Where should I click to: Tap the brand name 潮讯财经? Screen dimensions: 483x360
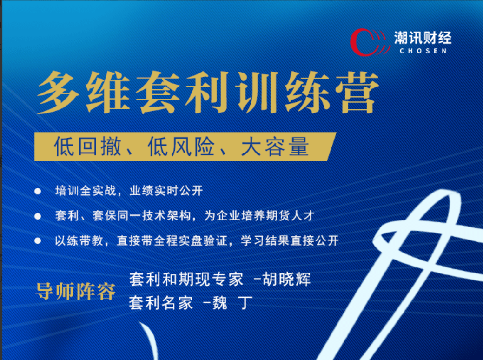[423, 38]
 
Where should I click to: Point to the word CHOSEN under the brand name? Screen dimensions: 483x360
[423, 51]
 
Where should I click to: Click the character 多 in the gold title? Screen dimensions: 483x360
[59, 92]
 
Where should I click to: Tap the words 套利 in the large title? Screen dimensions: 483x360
[183, 92]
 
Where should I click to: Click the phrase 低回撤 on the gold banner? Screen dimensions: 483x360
[87, 147]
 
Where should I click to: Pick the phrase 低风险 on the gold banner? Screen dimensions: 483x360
[181, 147]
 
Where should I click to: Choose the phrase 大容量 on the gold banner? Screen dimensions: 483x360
[274, 147]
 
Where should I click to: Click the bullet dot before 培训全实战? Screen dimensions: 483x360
[38, 192]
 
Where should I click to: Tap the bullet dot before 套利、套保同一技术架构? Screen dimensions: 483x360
[38, 216]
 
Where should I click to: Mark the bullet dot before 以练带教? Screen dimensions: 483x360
[38, 241]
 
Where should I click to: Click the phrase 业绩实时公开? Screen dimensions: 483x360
[166, 191]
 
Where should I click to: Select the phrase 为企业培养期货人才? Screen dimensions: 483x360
[259, 216]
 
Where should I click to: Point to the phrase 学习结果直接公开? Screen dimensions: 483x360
[290, 240]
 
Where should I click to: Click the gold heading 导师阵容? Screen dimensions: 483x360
[75, 291]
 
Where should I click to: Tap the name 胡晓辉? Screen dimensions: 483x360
[286, 279]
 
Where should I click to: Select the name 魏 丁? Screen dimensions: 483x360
[232, 303]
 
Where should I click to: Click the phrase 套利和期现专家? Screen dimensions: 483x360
[186, 279]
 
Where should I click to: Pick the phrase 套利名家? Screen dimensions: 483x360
[161, 303]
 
